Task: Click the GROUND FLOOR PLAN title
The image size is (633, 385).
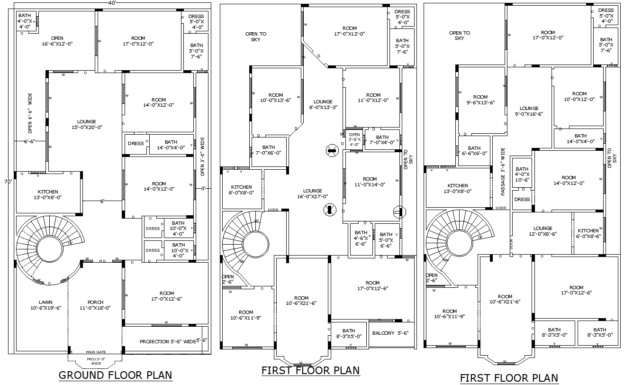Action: pos(115,375)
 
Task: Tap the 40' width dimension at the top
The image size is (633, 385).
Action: pos(112,3)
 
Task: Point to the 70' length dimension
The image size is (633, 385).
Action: pos(8,182)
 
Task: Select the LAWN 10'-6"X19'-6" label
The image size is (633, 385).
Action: pos(45,305)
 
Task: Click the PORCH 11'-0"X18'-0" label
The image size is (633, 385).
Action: pos(95,305)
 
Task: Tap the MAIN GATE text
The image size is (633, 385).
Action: pos(96,352)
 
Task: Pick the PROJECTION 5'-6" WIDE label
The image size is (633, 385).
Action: pos(168,341)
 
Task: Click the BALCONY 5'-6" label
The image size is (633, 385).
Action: pos(389,333)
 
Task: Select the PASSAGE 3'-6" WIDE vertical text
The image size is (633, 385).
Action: pos(503,172)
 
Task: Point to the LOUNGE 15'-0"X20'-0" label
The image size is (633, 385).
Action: pos(87,124)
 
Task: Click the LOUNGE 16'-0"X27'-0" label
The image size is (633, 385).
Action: pos(313,193)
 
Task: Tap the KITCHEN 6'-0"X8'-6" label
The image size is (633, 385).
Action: pos(588,233)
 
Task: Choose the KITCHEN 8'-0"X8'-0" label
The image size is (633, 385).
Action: pos(241,190)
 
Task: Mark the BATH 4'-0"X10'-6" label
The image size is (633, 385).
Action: pos(522,174)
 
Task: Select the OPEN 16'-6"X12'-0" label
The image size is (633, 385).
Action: pos(57,41)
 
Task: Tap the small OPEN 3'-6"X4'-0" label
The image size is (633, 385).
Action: pos(354,139)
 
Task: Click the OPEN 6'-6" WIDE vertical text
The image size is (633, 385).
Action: pos(30,113)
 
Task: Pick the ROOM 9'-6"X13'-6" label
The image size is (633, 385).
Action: pos(480,100)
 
